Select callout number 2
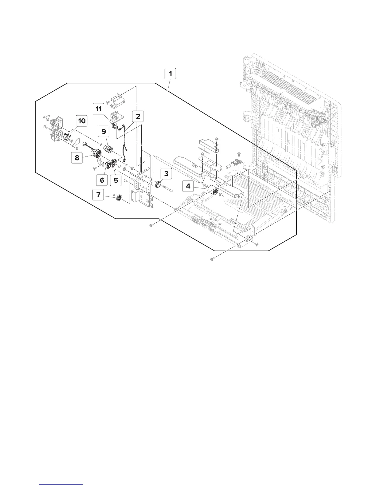click(x=138, y=117)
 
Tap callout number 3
click(x=166, y=174)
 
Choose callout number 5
click(x=116, y=180)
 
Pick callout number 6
click(x=102, y=180)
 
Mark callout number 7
click(x=98, y=195)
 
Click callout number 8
click(x=77, y=158)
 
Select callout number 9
click(x=104, y=132)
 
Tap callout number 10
click(x=82, y=121)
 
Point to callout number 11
click(x=99, y=109)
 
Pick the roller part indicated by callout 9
click(x=109, y=148)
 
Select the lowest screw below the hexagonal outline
click(x=212, y=260)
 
